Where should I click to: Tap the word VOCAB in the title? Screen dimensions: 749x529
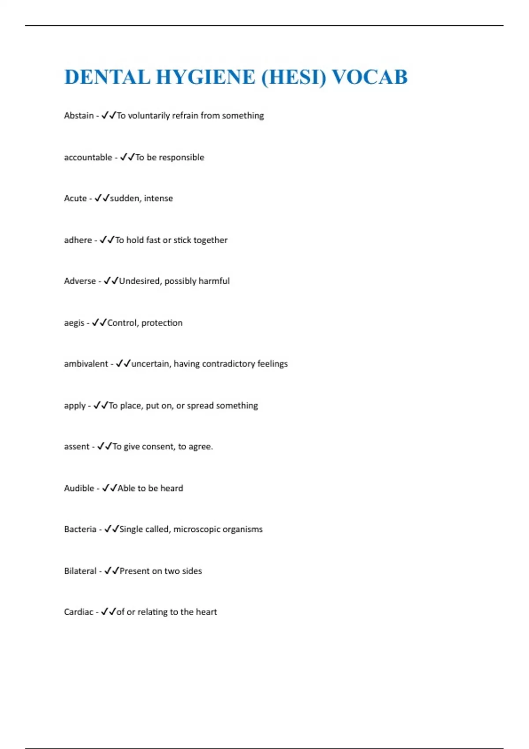[x=369, y=77]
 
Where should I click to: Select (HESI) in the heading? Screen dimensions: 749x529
[x=294, y=77]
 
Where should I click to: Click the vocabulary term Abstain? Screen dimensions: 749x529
[x=79, y=115]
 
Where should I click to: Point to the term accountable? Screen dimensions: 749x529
[x=88, y=157]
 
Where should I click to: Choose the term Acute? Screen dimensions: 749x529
[x=75, y=198]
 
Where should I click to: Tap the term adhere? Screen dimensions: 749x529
[x=78, y=240]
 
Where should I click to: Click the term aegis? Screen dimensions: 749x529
[x=74, y=323]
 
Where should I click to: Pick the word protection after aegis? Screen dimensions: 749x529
[x=162, y=323]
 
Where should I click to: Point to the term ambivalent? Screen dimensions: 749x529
[x=86, y=364]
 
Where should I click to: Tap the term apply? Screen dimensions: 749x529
[x=75, y=406]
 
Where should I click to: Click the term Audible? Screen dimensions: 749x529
[x=79, y=488]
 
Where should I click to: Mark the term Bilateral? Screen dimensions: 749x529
[x=80, y=571]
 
